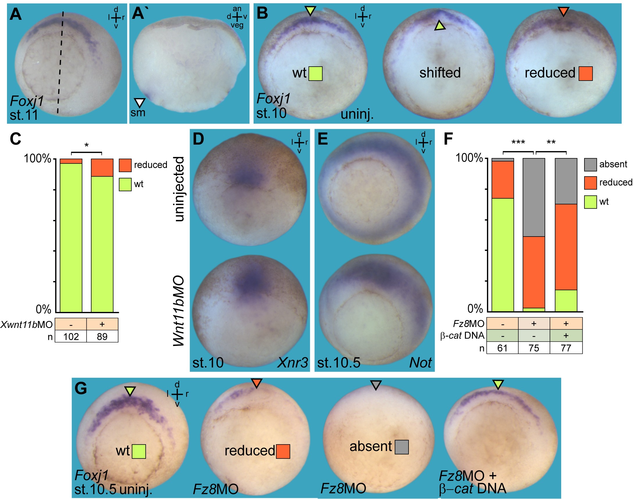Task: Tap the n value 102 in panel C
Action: pos(71,337)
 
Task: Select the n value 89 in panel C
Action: pos(102,337)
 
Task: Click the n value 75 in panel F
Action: pos(534,348)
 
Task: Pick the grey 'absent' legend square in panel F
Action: pos(590,165)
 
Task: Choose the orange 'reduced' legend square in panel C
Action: pos(125,165)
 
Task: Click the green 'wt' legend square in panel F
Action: pos(590,202)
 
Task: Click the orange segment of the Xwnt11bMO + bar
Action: pos(102,168)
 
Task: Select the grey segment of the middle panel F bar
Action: pos(534,197)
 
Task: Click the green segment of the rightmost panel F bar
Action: pos(566,301)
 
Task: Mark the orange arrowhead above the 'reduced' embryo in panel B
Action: pos(563,11)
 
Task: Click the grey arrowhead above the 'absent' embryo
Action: pos(376,385)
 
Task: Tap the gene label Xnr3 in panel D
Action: pos(293,363)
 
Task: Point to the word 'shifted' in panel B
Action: pos(440,73)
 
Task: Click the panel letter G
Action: pos(81,389)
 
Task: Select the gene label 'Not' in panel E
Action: pos(420,363)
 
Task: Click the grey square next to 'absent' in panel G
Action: pos(402,447)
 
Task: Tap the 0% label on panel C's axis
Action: pos(43,309)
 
